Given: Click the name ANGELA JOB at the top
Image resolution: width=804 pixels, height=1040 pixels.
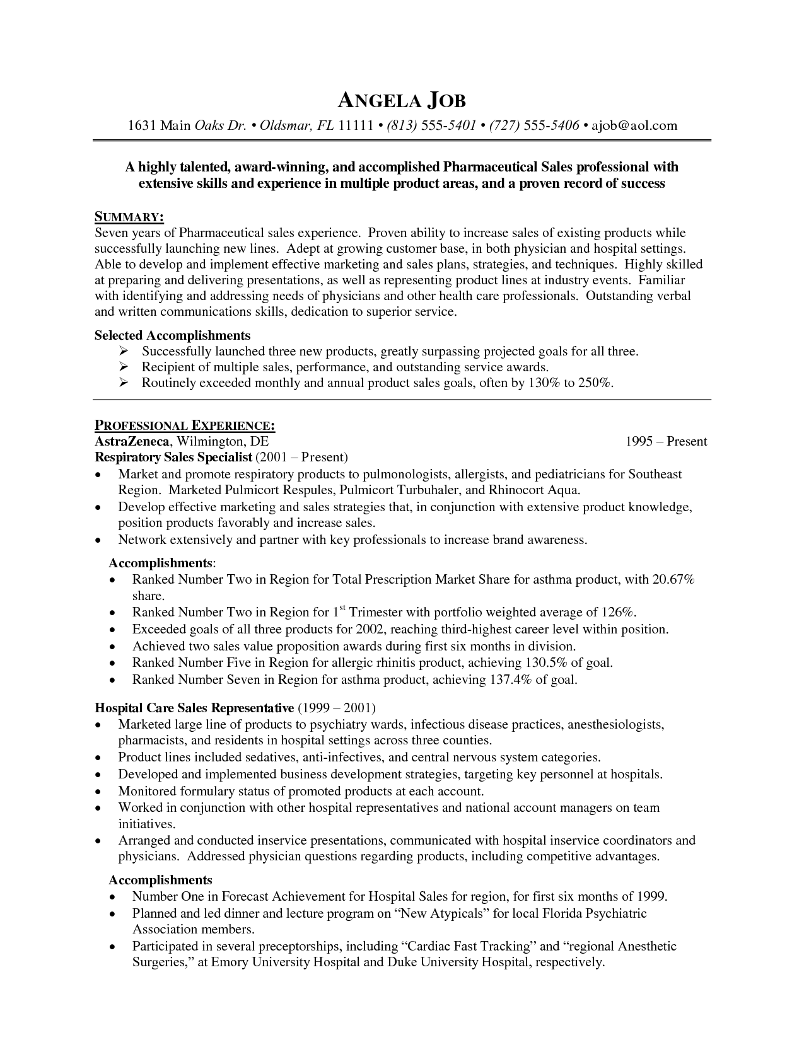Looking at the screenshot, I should (x=402, y=101).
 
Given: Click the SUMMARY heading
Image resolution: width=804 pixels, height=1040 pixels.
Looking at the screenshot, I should (x=129, y=217).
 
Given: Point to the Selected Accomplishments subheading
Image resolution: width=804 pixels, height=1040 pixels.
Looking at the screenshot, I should (x=172, y=335).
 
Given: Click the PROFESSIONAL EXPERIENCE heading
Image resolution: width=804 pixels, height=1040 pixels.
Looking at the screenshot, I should (x=184, y=425).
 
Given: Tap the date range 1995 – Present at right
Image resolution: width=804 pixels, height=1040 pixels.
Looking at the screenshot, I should (x=666, y=441).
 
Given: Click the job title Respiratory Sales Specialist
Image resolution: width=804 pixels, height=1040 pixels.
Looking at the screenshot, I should (x=173, y=457).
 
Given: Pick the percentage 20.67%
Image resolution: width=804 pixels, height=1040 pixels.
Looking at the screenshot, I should (x=673, y=579).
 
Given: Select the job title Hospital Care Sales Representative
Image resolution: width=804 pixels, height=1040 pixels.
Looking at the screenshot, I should (x=194, y=708).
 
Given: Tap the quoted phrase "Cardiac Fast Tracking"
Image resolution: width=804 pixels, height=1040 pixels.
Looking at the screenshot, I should (x=469, y=946).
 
